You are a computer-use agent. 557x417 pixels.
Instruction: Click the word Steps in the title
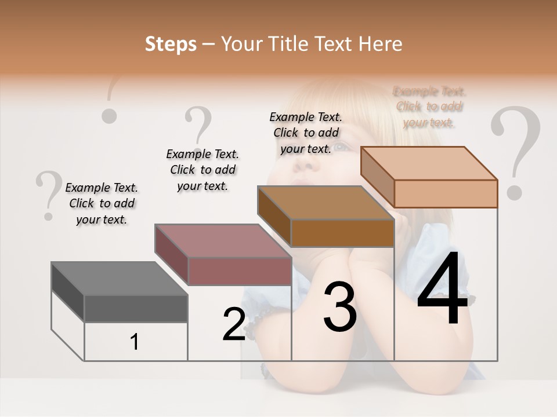[x=171, y=44]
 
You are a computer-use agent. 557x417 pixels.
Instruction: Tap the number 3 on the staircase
[x=340, y=306]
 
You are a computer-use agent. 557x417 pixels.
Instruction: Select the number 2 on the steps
[x=234, y=324]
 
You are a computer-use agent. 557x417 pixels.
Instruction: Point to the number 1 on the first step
[x=135, y=342]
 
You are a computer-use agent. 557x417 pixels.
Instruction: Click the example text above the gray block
[x=102, y=203]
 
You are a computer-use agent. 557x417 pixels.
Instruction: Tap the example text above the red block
[x=202, y=170]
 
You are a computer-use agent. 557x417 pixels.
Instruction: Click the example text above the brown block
[x=306, y=133]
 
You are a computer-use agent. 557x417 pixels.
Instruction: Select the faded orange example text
[x=429, y=107]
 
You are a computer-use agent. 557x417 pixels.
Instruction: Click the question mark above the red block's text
[x=198, y=125]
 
